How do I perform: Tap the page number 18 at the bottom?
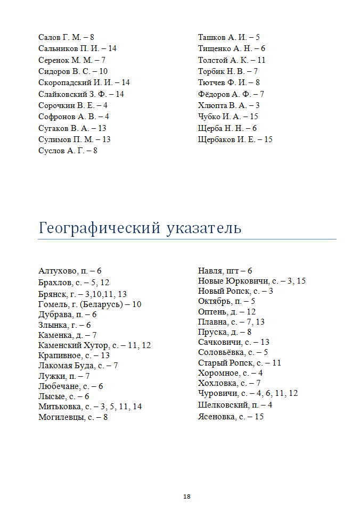pyautogui.click(x=187, y=496)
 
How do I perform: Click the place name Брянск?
pyautogui.click(x=52, y=294)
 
